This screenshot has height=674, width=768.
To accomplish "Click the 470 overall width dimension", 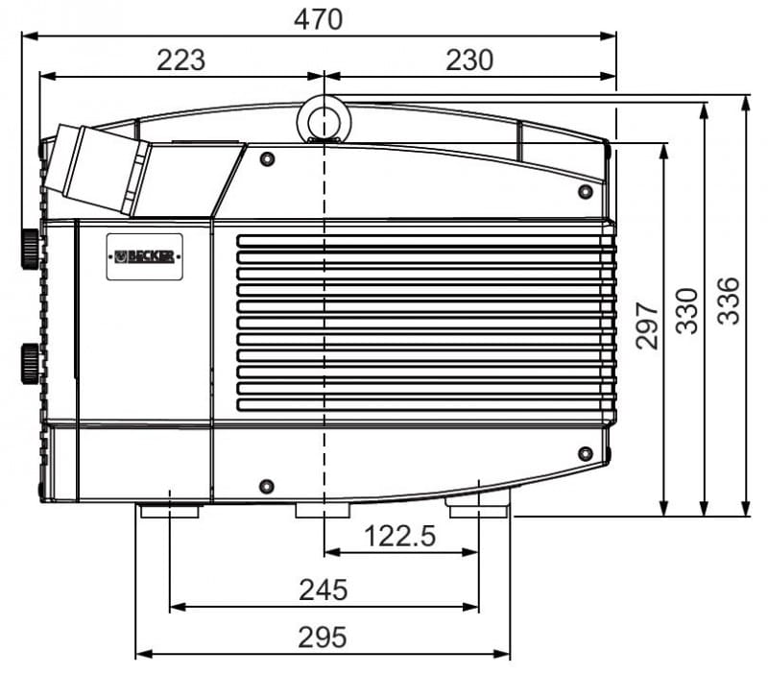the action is click(318, 20).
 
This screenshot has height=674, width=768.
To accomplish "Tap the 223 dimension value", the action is click(180, 60).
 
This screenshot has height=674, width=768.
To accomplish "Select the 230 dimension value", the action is click(469, 60).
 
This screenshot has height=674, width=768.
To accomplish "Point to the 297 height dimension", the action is click(646, 325).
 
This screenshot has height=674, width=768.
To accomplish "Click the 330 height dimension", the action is click(686, 311).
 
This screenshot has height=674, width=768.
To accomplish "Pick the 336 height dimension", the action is click(728, 301).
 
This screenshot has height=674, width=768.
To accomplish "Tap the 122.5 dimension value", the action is click(399, 536).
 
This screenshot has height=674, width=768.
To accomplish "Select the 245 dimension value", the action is click(324, 590).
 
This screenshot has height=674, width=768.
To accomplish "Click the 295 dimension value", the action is click(323, 638).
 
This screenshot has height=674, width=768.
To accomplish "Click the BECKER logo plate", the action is click(145, 256).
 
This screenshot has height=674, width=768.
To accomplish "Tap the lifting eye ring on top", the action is click(324, 121).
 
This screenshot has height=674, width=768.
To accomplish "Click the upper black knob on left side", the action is click(30, 249).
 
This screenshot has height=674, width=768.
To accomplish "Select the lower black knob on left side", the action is click(30, 364).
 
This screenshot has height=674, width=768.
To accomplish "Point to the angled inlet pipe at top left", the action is click(98, 169).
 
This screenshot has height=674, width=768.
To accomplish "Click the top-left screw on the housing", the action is click(267, 159).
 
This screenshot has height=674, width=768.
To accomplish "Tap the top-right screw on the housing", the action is click(586, 191).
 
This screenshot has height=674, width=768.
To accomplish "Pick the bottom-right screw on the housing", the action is click(586, 453).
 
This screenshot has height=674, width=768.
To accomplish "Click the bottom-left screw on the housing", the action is click(267, 487).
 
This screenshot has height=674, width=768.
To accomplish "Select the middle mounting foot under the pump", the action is click(323, 510).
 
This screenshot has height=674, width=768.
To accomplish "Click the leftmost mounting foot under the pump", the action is click(170, 511).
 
